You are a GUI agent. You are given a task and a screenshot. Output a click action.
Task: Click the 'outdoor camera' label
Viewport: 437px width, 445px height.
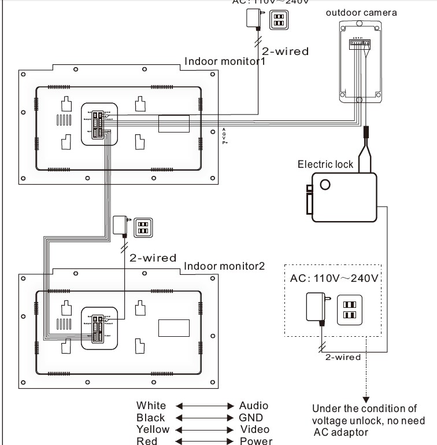(361, 12)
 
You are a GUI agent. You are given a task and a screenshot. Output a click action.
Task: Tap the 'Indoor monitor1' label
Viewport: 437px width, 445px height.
(224, 61)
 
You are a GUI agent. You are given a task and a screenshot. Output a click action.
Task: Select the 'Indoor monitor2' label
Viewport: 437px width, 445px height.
(224, 266)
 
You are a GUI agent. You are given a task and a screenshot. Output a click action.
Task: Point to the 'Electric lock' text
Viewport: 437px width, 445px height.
(325, 164)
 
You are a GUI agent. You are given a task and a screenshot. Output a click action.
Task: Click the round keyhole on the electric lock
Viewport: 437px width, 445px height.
(326, 185)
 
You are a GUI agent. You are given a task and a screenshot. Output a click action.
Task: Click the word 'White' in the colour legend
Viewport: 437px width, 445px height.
(151, 406)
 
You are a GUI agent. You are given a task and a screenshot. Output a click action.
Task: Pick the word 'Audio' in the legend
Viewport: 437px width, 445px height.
(254, 406)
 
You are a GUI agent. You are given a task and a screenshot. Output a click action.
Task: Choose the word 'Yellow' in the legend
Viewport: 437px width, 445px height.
(153, 429)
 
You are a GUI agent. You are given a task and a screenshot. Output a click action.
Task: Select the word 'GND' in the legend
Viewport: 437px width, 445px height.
(251, 417)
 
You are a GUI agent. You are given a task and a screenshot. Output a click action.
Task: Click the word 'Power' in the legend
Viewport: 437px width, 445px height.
(256, 442)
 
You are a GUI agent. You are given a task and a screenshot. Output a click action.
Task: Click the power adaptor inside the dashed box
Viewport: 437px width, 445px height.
(316, 306)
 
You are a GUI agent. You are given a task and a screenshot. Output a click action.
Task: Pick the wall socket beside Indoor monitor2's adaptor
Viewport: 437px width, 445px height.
(142, 227)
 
